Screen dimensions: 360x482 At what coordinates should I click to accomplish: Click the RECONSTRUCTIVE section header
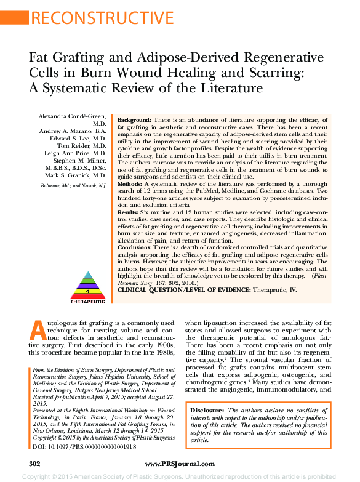click(x=101, y=18)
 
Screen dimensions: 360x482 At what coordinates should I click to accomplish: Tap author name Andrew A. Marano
click(x=76, y=131)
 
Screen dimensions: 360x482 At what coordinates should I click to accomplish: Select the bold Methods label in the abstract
click(x=129, y=184)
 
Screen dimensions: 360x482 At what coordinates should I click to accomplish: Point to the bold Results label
click(x=128, y=212)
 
